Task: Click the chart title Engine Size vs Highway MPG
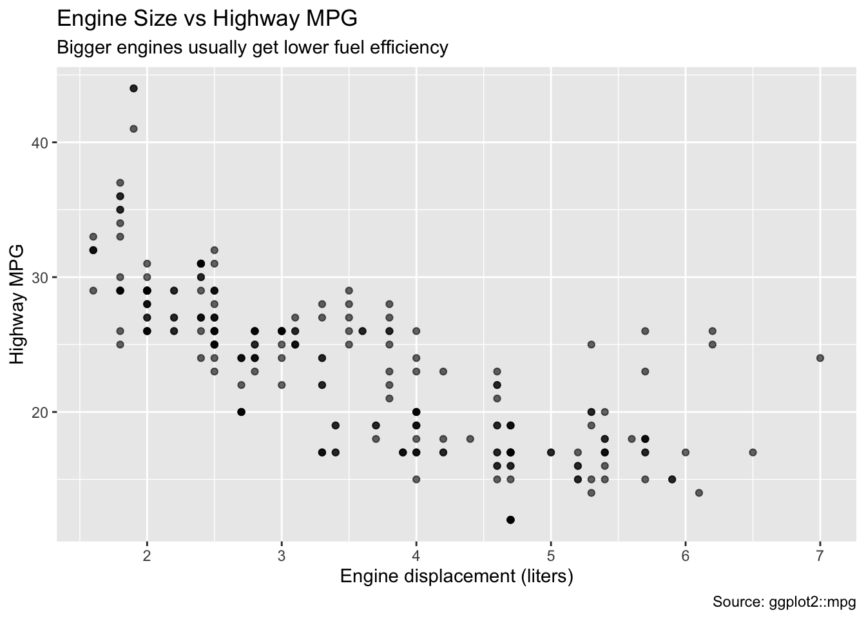pos(207,19)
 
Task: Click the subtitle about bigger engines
pos(253,48)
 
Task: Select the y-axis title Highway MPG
pos(17,304)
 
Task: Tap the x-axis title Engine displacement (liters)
pos(456,576)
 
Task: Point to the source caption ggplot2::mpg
pos(784,602)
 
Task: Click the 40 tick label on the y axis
pos(39,142)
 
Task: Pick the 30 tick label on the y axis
pos(39,277)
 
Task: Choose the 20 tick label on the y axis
pos(39,412)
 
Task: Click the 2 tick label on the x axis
pos(147,556)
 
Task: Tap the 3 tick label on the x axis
pos(282,556)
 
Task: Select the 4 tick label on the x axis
pos(416,556)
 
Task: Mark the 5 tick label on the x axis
pos(551,556)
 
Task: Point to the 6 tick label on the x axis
pos(686,556)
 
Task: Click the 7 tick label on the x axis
pos(820,556)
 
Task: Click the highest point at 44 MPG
pos(133,88)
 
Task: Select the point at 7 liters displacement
pos(820,358)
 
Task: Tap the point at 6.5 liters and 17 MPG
pos(753,452)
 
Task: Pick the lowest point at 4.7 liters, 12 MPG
pos(510,520)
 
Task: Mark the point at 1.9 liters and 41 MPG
pos(133,129)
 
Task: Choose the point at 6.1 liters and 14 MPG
pos(698,493)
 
